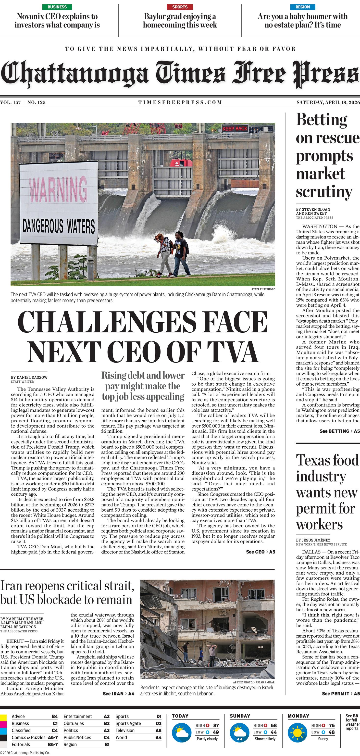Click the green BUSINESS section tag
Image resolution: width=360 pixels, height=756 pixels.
coord(57,7)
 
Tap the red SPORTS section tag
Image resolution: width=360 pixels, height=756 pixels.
coord(180,7)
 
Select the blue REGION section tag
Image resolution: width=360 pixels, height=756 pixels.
coord(302,7)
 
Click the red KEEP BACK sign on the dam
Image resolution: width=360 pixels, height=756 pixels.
coord(235,128)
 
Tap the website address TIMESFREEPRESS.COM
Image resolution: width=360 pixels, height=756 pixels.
coord(180,102)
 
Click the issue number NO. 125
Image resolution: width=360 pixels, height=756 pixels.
coord(37,102)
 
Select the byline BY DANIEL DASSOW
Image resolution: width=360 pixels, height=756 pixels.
coord(29,378)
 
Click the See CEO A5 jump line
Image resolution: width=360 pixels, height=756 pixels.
coord(261,552)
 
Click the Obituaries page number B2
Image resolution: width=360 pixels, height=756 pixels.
coord(107,723)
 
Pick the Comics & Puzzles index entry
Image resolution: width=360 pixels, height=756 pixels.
coord(28,738)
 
